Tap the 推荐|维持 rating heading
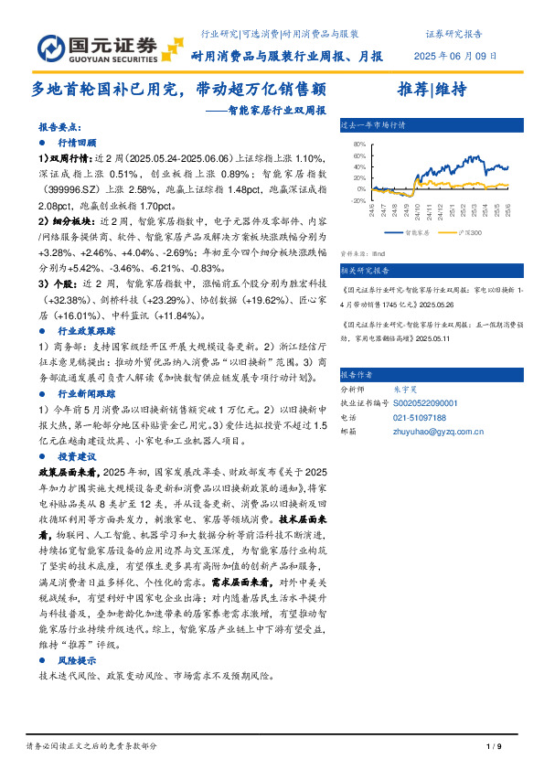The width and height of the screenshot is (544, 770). [x=432, y=90]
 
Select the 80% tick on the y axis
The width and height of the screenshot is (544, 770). [x=359, y=144]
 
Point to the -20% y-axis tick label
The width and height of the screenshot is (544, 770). [x=358, y=200]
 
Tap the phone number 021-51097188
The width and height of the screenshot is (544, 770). [x=421, y=416]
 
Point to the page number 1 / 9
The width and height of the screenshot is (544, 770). [x=494, y=746]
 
